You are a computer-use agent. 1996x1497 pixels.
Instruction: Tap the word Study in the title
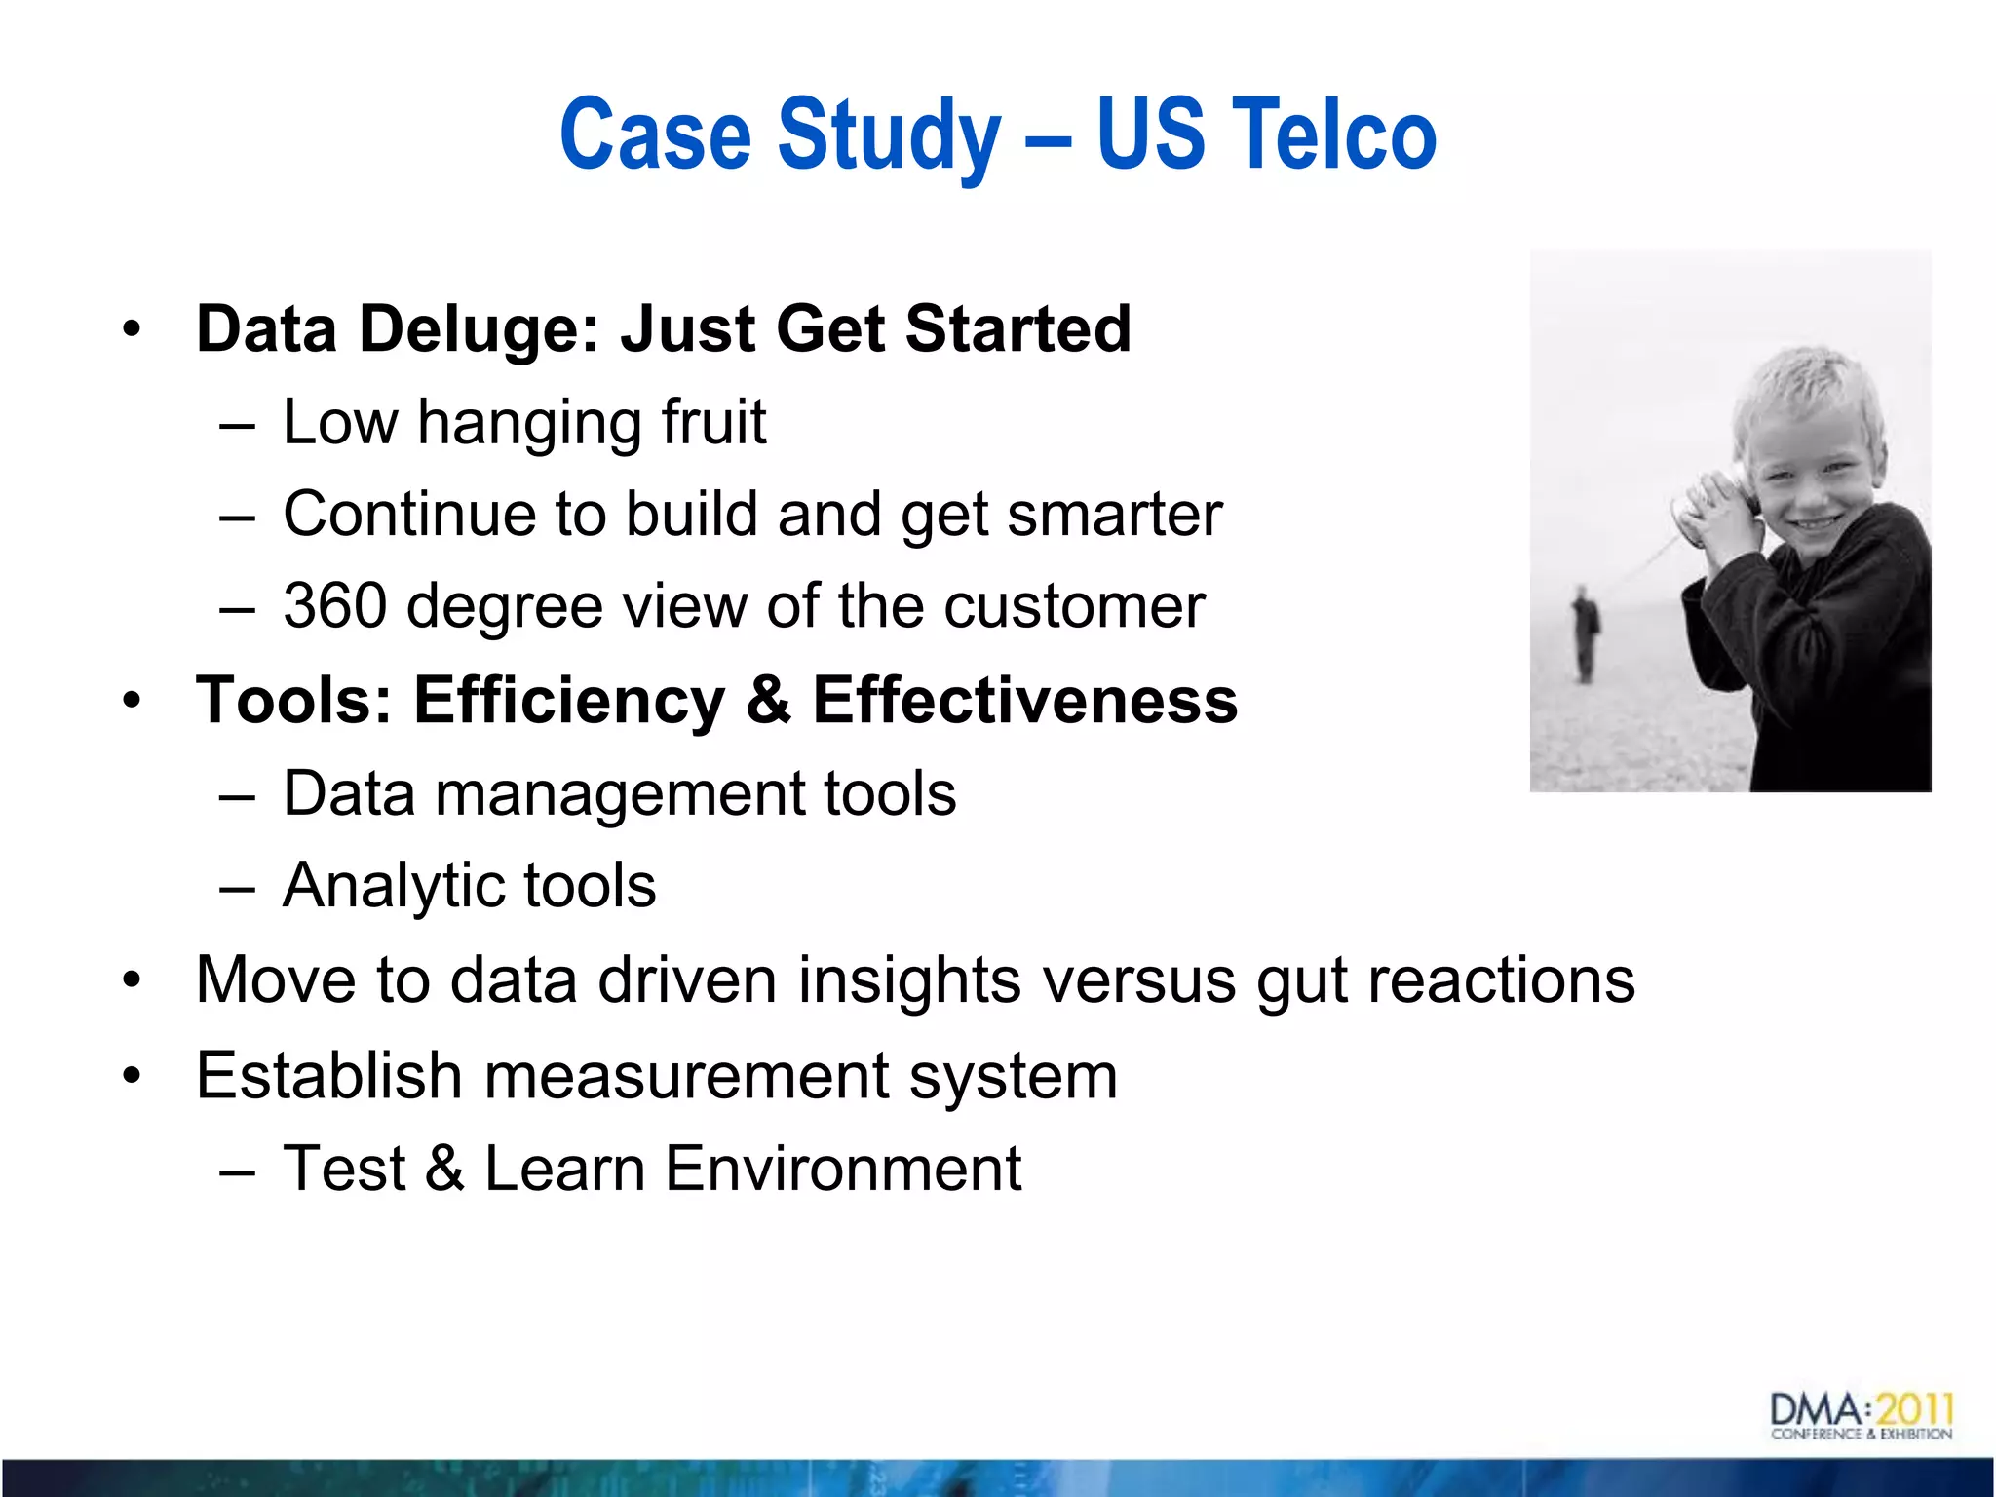coord(889,136)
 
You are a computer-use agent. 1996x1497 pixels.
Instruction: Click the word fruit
coord(713,422)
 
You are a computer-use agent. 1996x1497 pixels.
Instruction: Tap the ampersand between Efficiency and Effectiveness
coord(769,700)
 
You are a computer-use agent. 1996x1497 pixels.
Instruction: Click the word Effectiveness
coord(1024,700)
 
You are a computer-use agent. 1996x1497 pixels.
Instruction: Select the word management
coord(619,794)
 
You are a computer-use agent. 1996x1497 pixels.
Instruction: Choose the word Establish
coord(328,1076)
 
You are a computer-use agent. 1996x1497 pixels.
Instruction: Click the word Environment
coord(843,1169)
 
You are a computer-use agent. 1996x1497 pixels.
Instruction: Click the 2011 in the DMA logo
coord(1915,1409)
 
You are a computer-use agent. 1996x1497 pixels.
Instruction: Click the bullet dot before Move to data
coord(132,979)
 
